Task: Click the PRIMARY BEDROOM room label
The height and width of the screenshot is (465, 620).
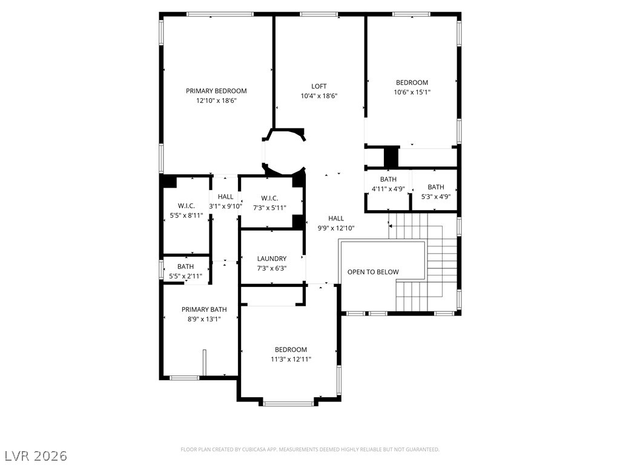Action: [x=216, y=91]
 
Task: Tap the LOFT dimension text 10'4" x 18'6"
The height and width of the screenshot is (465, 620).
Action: [x=318, y=96]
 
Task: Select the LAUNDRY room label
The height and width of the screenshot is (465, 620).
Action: [x=272, y=259]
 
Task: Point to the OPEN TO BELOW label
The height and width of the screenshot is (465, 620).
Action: [x=373, y=272]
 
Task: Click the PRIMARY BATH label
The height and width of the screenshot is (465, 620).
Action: [x=204, y=309]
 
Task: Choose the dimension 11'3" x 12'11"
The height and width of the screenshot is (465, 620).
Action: [x=291, y=359]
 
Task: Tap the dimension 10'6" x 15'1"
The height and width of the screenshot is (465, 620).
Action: [x=412, y=92]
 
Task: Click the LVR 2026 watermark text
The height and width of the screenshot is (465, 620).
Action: [x=36, y=455]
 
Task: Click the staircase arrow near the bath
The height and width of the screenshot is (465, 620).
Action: [x=391, y=226]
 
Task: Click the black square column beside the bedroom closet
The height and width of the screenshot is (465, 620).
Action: [x=391, y=157]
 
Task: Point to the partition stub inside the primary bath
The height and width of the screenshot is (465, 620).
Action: [x=204, y=362]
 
